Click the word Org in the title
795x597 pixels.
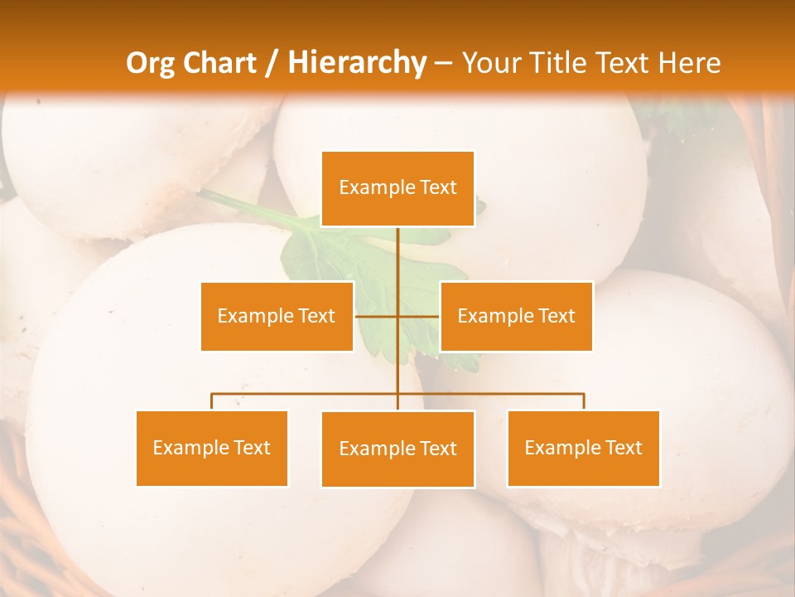pyautogui.click(x=150, y=63)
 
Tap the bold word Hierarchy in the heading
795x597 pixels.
pyautogui.click(x=357, y=63)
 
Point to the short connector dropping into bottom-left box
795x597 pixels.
pyautogui.click(x=212, y=401)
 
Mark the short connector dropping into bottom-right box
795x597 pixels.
pyautogui.click(x=584, y=401)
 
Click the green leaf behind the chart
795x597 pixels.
pyautogui.click(x=323, y=249)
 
